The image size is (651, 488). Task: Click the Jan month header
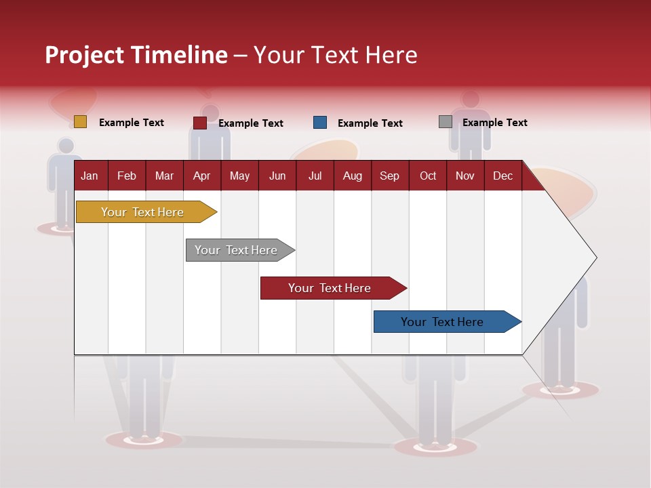click(x=90, y=176)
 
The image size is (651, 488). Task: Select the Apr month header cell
click(x=202, y=176)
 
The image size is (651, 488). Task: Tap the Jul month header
click(x=315, y=176)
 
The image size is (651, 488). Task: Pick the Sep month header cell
click(x=390, y=176)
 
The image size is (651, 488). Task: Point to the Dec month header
click(x=502, y=176)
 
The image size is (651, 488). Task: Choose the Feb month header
click(x=127, y=176)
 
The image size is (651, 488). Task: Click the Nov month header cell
click(x=465, y=176)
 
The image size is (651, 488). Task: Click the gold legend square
click(x=81, y=122)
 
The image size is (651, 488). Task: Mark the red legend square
click(x=200, y=123)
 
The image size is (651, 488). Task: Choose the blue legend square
click(x=320, y=123)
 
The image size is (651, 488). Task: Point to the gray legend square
click(x=446, y=122)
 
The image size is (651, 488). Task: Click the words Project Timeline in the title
click(x=136, y=55)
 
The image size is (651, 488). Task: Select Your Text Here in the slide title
click(x=335, y=55)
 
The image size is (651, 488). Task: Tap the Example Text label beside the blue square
click(x=370, y=123)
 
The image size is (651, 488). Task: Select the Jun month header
click(x=277, y=176)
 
